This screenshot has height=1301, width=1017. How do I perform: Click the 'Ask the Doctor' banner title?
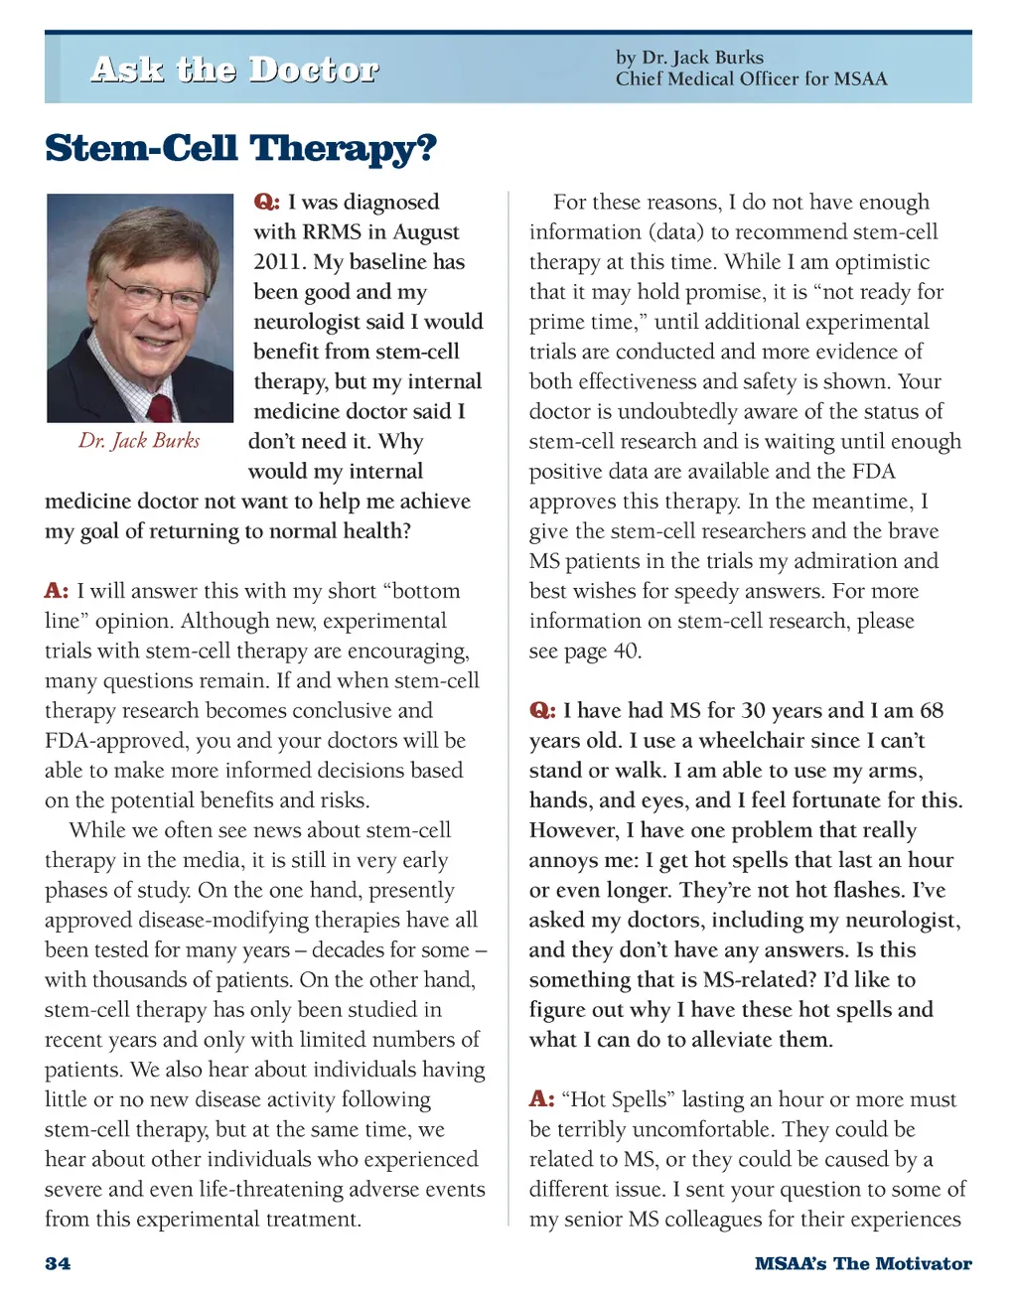234,70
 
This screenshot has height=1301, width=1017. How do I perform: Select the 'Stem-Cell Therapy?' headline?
240,149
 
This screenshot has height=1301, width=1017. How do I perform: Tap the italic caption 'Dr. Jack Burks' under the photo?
139,441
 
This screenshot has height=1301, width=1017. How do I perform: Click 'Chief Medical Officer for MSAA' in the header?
751,79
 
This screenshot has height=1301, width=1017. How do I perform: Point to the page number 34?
58,1263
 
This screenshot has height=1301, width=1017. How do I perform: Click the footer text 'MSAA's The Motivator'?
862,1263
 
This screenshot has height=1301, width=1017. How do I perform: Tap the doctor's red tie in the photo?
160,407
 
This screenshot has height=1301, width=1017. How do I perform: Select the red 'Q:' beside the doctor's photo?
266,203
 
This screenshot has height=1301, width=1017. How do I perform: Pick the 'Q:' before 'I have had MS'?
542,711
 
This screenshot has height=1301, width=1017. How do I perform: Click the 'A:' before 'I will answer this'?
57,591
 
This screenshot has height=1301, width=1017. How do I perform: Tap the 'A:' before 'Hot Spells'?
541,1099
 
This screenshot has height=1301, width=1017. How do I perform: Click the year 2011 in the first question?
278,262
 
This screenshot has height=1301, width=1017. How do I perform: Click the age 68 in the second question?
932,711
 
